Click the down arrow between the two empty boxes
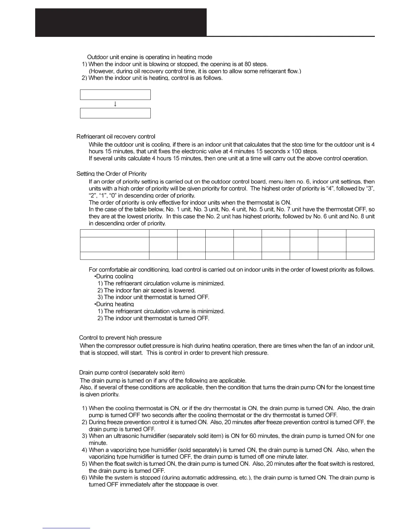pos(115,104)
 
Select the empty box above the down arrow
pos(115,95)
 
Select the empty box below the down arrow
pos(115,113)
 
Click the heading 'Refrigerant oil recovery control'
pos(116,136)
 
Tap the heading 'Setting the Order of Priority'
pos(111,174)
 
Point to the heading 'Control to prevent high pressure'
pos(120,338)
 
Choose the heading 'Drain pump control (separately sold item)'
pos(132,372)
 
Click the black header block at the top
pos(121,22)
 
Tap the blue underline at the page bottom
pos(66,528)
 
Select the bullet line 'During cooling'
pos(115,277)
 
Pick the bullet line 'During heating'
pos(115,304)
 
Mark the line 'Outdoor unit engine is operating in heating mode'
pos(149,57)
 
